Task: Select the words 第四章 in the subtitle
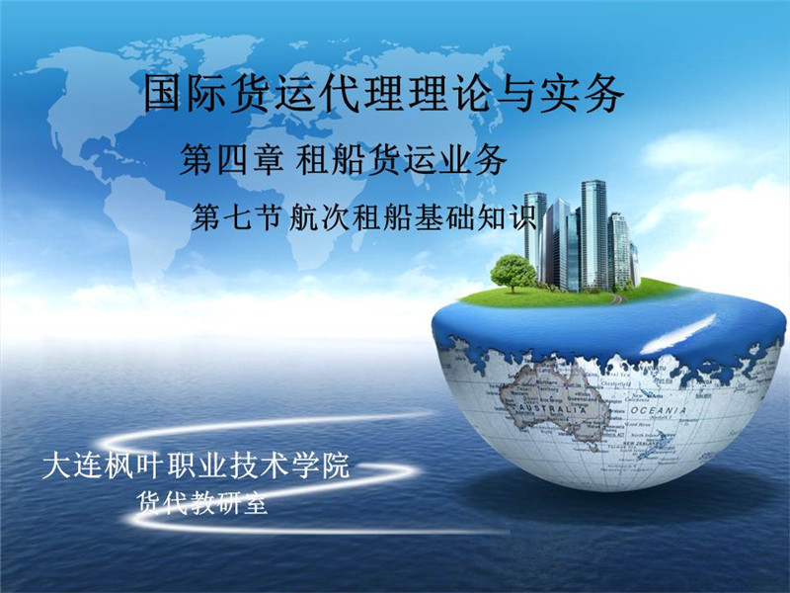pos(232,159)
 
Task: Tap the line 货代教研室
pos(201,502)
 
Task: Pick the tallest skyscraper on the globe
pos(593,235)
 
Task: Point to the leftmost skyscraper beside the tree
pos(535,233)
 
